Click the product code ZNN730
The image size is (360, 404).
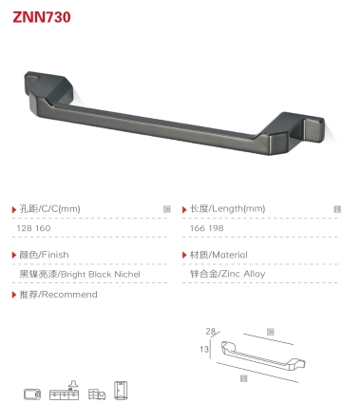click(x=42, y=17)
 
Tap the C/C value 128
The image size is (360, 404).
click(x=25, y=228)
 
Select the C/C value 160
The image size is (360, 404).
click(x=43, y=228)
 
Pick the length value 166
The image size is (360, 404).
click(x=198, y=228)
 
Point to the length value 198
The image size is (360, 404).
click(x=216, y=228)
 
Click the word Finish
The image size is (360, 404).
click(x=55, y=255)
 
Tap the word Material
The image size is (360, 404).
click(x=230, y=255)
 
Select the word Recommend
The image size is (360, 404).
click(x=69, y=295)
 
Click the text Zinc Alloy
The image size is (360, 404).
click(x=243, y=274)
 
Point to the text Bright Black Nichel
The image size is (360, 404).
click(x=101, y=274)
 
